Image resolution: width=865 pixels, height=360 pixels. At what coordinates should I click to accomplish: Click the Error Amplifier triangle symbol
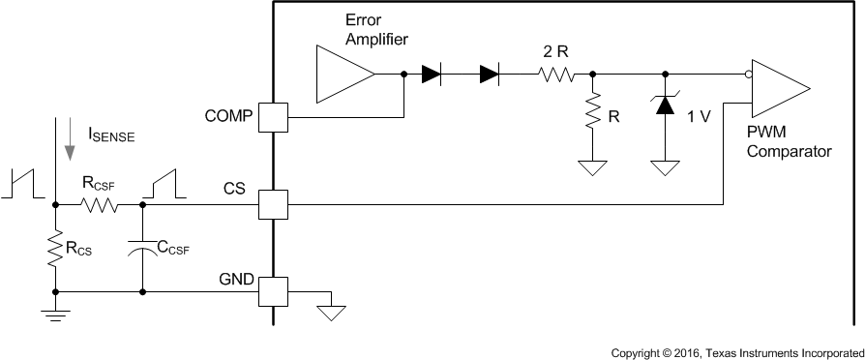tap(343, 75)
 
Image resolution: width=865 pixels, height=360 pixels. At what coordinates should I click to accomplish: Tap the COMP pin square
tap(272, 117)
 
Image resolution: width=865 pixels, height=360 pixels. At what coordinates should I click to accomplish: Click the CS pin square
tap(272, 204)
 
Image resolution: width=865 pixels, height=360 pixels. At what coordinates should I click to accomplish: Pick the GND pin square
tap(272, 288)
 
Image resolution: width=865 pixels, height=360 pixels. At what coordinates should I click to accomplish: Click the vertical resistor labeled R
tap(591, 113)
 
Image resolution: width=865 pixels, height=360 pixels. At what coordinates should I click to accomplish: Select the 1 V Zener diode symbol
tap(664, 105)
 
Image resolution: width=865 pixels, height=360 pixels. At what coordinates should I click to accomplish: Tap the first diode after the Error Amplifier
tap(432, 75)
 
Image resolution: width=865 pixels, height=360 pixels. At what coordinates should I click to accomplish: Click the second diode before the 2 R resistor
tap(489, 75)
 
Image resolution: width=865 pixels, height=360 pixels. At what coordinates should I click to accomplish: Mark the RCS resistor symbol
tap(55, 248)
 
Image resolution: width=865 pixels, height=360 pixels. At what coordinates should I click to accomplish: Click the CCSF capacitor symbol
tap(142, 247)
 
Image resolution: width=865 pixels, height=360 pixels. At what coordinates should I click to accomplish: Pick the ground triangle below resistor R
tap(591, 167)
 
